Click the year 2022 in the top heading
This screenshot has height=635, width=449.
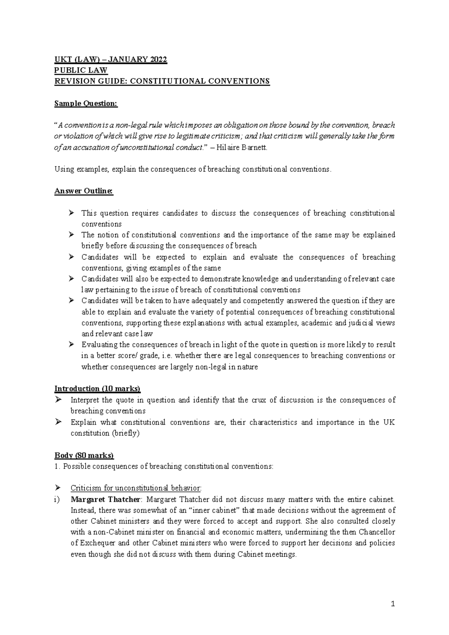[158, 60]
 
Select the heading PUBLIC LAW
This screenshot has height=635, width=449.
[81, 70]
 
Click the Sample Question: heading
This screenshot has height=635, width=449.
[86, 103]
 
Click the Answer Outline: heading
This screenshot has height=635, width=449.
[83, 191]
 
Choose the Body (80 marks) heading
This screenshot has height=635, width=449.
[84, 455]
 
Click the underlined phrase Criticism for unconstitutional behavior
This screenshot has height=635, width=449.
[136, 488]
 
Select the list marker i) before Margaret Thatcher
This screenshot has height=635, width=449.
[57, 499]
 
